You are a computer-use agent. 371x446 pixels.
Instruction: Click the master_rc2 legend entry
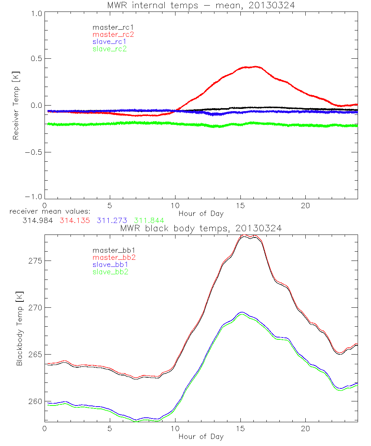tap(113, 35)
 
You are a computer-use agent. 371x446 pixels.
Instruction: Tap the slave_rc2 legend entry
tap(109, 49)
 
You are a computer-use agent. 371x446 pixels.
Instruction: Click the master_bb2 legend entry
tap(114, 258)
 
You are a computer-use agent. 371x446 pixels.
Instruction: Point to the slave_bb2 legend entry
tap(111, 272)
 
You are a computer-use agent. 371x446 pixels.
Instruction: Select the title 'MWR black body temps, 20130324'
tap(201, 229)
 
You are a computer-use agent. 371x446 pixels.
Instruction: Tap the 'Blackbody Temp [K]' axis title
tap(19, 327)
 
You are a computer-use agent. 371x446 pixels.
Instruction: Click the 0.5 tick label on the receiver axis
tap(35, 59)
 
